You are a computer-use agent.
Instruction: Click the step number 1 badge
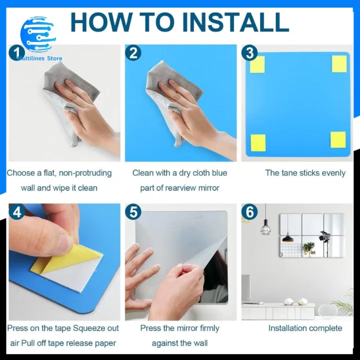[16, 52]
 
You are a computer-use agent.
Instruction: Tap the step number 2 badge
[132, 52]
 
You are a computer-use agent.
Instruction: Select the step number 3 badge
[249, 52]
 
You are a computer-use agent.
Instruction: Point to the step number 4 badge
[17, 212]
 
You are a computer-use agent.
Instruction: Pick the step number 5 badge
[133, 212]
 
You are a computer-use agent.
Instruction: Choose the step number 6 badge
[249, 212]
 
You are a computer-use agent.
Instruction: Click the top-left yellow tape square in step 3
[257, 64]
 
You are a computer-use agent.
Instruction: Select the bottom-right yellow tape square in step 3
[338, 140]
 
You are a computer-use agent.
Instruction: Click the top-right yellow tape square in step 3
[339, 63]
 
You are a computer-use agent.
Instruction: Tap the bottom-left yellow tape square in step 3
[257, 142]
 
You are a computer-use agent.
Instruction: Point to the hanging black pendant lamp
[265, 229]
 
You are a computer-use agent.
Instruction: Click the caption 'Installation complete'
[305, 328]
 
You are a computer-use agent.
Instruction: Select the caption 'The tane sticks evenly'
[305, 173]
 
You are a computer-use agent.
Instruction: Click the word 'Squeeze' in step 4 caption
[88, 328]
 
